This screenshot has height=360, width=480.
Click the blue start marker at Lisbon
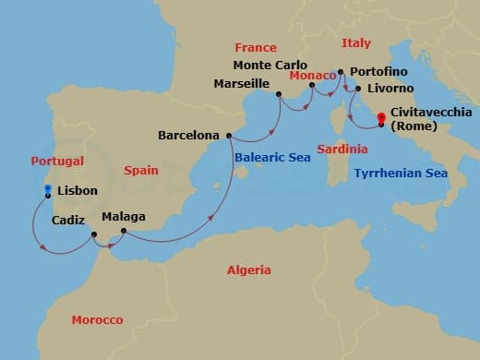pyautogui.click(x=47, y=188)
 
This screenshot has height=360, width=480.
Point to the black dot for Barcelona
pyautogui.click(x=228, y=135)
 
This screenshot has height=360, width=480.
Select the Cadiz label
pyautogui.click(x=69, y=220)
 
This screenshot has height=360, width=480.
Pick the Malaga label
pyautogui.click(x=124, y=218)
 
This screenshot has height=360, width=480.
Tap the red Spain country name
pyautogui.click(x=141, y=170)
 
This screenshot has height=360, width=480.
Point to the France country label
pyautogui.click(x=256, y=46)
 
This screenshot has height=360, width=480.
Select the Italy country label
pyautogui.click(x=356, y=43)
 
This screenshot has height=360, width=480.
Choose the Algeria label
pyautogui.click(x=249, y=270)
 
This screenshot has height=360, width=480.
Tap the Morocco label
pyautogui.click(x=97, y=319)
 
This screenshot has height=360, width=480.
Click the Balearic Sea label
pyautogui.click(x=270, y=158)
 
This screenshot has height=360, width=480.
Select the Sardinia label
pyautogui.click(x=342, y=149)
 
